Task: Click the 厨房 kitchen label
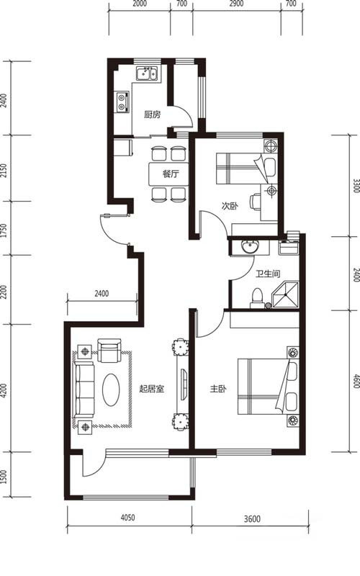tap(152, 114)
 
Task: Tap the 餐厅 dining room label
tap(171, 174)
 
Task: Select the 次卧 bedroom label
tap(230, 206)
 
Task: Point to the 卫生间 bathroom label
tap(268, 274)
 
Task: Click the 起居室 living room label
tap(152, 389)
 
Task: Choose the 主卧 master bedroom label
tap(218, 389)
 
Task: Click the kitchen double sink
tap(147, 73)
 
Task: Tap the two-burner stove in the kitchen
tap(122, 102)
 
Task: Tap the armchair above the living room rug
tap(109, 351)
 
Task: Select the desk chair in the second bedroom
tap(256, 202)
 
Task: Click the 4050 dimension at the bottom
tap(128, 518)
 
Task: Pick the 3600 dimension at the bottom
tap(252, 518)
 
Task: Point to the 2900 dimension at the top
tap(236, 4)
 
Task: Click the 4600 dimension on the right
tap(356, 381)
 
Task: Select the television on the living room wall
tap(184, 382)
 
